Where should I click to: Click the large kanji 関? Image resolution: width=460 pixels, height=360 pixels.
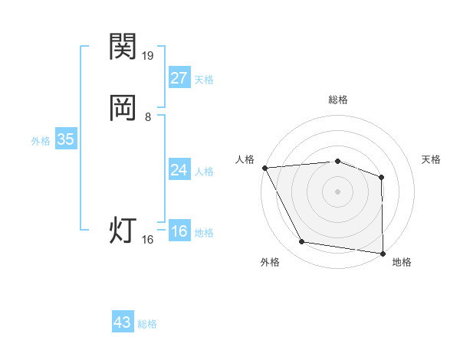(123, 47)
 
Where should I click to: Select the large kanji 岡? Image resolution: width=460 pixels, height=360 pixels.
(123, 108)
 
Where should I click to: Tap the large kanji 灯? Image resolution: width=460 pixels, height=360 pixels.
(123, 231)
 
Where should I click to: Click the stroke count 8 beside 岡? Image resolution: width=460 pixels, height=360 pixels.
(148, 117)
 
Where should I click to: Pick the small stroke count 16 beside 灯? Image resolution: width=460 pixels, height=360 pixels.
(148, 240)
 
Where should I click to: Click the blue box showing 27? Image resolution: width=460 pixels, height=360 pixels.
(179, 78)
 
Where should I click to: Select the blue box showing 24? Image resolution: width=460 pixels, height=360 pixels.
(179, 170)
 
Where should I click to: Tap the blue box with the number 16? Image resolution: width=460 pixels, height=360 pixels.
(179, 231)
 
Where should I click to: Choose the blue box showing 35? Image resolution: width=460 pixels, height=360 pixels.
(65, 140)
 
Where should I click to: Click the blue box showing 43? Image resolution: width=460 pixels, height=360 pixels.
(123, 322)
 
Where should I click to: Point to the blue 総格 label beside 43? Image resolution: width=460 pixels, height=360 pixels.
(147, 324)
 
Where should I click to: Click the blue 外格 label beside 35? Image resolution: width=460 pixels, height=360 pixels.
(41, 141)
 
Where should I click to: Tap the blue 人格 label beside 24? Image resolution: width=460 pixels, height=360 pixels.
(205, 172)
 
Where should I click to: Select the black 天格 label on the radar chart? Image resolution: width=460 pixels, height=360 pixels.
(432, 159)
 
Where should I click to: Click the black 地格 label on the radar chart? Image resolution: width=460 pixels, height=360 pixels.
(402, 262)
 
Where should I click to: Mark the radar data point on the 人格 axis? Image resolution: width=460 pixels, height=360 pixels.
(264, 167)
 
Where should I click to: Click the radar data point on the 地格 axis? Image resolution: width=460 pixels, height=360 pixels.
(383, 253)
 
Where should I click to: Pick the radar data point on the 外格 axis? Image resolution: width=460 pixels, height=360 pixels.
(302, 242)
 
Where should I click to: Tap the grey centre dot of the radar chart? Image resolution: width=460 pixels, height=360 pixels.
(338, 191)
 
